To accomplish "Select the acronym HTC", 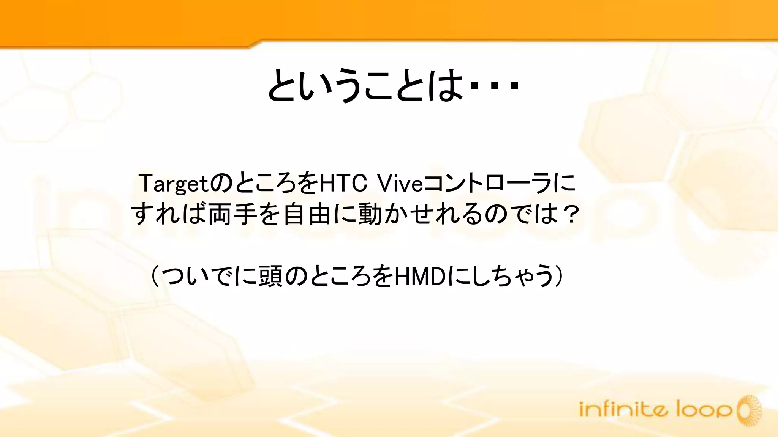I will (343, 183).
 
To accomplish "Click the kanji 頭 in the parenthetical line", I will (270, 277).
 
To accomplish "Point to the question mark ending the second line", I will (569, 214).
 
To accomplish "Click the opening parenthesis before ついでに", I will (155, 277).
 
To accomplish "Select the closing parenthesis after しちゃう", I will (560, 277).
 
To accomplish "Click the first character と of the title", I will (283, 85).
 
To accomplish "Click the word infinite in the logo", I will (623, 410).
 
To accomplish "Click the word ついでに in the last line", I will (208, 277).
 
